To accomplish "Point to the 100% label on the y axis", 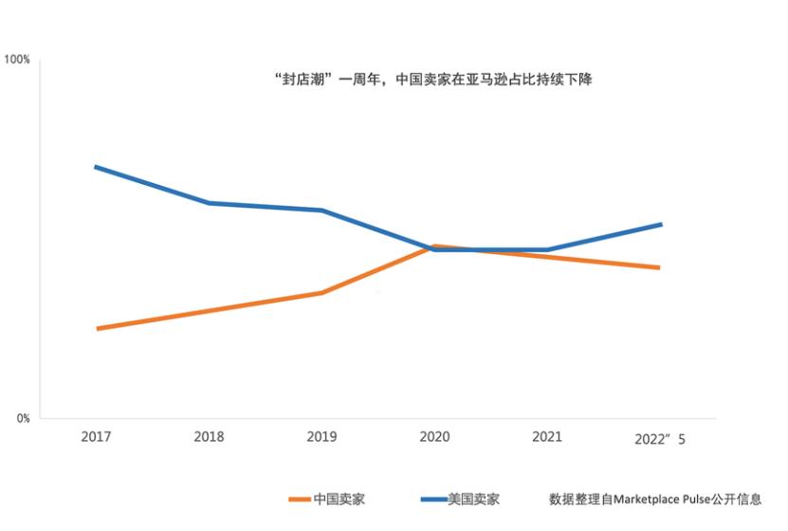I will tap(17, 60).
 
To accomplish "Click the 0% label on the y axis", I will tap(23, 418).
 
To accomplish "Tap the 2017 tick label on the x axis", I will tap(96, 437).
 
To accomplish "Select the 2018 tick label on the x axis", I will tap(209, 437).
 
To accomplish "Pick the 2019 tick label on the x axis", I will tap(321, 437).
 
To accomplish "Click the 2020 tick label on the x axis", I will tap(434, 437).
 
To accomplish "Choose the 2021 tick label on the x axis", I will tap(547, 437).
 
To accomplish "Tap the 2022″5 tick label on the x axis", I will tap(659, 439).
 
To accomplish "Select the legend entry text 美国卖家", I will tap(473, 499).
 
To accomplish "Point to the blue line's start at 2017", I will tap(96, 167).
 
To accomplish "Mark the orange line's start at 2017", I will tap(98, 329).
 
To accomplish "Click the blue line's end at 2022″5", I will tap(660, 225).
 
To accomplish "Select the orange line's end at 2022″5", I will tap(659, 267).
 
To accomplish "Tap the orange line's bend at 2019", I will tap(322, 293).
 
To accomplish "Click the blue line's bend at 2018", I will tap(209, 203).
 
